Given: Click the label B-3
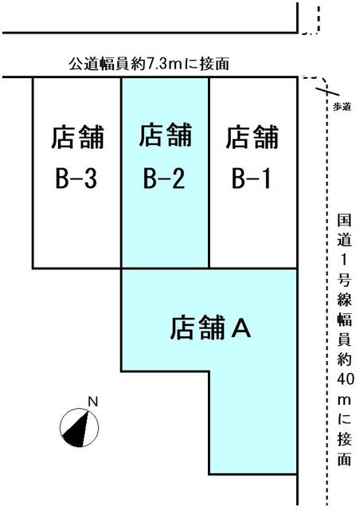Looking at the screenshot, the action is click(76, 178).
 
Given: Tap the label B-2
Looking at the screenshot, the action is click(164, 178).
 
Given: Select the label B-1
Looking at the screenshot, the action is click(251, 178).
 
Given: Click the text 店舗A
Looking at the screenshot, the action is click(210, 328).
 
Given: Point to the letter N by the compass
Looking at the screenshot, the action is click(93, 402).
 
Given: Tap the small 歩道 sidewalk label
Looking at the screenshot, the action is click(342, 107).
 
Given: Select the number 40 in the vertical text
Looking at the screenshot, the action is click(345, 379).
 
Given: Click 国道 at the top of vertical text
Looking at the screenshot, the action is click(344, 230).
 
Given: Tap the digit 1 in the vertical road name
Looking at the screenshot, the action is click(344, 260).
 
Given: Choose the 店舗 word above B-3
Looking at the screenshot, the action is click(77, 137).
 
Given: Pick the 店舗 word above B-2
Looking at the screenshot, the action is click(165, 135).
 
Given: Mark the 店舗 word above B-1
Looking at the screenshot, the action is click(252, 137).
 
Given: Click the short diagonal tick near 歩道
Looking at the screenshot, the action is click(328, 90).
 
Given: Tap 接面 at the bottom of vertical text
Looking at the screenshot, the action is click(344, 449).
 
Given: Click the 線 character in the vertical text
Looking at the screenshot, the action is click(344, 298).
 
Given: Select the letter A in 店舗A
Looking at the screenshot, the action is click(241, 328).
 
